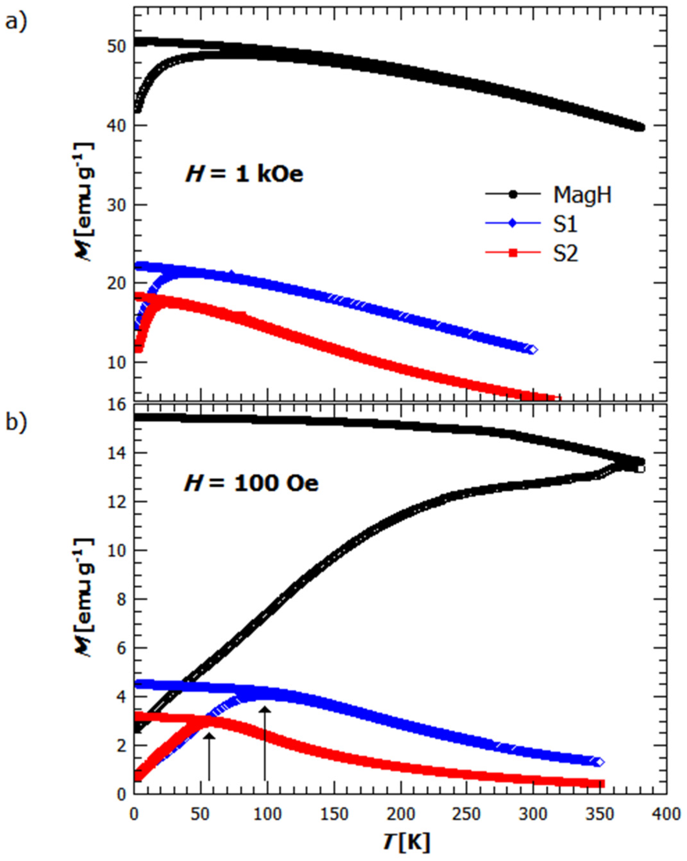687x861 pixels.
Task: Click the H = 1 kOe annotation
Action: pyautogui.click(x=244, y=174)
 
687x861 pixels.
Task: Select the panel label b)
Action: pyautogui.click(x=16, y=422)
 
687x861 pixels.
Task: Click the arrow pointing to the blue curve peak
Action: pyautogui.click(x=264, y=743)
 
